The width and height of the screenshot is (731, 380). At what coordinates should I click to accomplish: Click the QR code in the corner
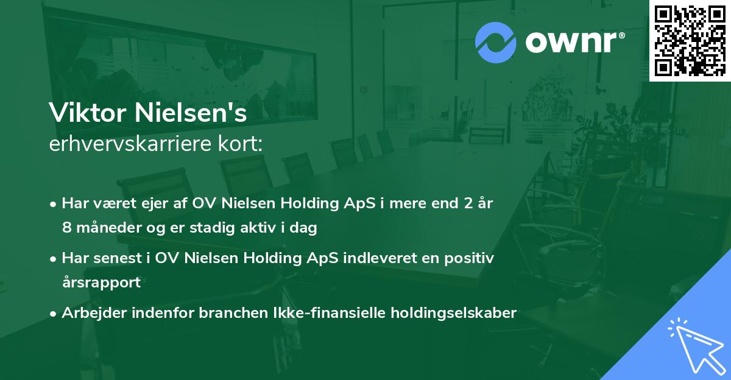pyautogui.click(x=690, y=40)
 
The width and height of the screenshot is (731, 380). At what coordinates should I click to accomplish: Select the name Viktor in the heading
pyautogui.click(x=83, y=113)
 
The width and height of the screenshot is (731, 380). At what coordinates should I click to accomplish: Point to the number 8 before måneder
pyautogui.click(x=66, y=228)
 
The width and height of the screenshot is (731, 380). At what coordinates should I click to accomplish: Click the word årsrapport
pyautogui.click(x=101, y=283)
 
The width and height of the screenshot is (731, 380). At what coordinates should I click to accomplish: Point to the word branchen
pyautogui.click(x=206, y=313)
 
